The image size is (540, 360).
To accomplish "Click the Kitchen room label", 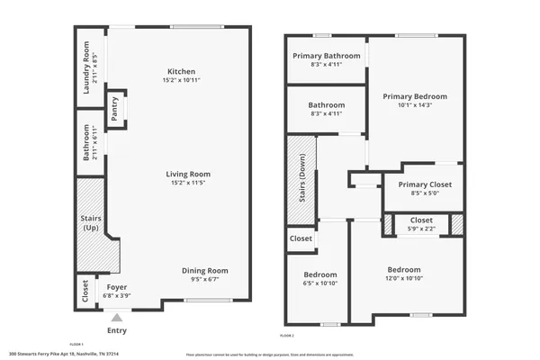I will [x=181, y=72].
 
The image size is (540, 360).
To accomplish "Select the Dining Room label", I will [x=206, y=270].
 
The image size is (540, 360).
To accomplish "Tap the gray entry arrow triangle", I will [x=116, y=317].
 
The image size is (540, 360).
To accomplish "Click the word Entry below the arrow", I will [x=117, y=330].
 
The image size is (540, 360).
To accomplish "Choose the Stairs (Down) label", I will [x=302, y=179].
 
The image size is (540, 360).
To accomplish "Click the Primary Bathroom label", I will [x=327, y=56].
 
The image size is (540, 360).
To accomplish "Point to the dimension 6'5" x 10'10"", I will [x=319, y=283].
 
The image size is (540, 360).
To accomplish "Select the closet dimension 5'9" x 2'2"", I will [x=421, y=229].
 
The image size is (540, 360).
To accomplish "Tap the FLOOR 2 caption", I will [x=286, y=335].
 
